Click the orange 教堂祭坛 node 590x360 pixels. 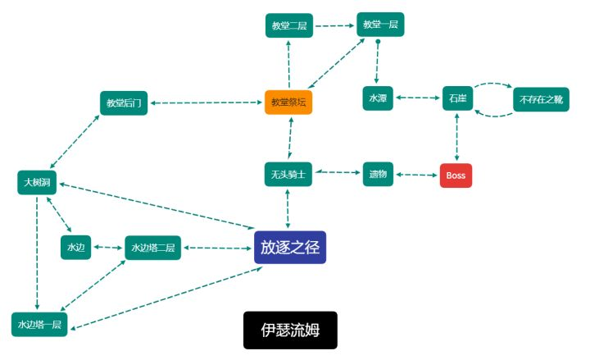(x=288, y=102)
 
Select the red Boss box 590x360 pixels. (x=456, y=175)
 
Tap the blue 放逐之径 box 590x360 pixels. (x=290, y=247)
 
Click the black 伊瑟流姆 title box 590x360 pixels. (x=290, y=330)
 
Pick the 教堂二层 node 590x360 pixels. (x=289, y=25)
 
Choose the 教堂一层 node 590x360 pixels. (x=380, y=25)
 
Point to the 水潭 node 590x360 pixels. (x=378, y=98)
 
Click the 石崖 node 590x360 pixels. (x=457, y=98)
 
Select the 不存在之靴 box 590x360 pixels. (x=541, y=99)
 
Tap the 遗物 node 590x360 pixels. (x=378, y=174)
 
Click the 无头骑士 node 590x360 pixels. (x=288, y=174)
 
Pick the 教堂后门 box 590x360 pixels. (x=124, y=103)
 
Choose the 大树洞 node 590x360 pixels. (x=37, y=182)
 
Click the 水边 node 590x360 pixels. (x=75, y=247)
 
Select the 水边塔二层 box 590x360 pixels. (x=152, y=248)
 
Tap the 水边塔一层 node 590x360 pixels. (x=39, y=324)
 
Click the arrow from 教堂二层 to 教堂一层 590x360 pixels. (x=335, y=25)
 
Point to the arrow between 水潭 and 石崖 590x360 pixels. (x=418, y=98)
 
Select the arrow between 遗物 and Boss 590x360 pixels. (x=416, y=175)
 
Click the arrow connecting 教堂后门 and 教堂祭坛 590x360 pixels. (x=206, y=103)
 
